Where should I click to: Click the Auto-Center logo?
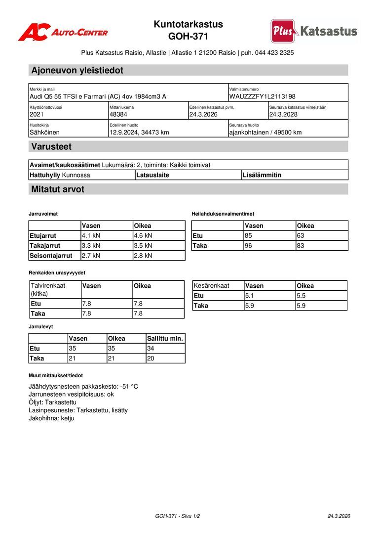tap(63, 32)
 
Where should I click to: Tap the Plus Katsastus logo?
tap(314, 31)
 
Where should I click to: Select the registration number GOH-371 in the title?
tap(188, 36)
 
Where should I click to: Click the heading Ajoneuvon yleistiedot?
tap(77, 70)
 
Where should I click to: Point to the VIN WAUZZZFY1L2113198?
tap(262, 96)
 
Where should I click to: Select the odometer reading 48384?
tap(118, 114)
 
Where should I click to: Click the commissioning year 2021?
tap(37, 114)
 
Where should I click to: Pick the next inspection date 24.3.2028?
tap(283, 114)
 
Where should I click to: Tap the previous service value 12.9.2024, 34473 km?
tap(139, 132)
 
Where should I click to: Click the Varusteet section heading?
tap(51, 146)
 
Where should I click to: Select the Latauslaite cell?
tap(152, 175)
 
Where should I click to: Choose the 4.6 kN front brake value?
tap(143, 236)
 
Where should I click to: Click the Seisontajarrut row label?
tap(51, 256)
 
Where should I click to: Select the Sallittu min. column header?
tap(165, 339)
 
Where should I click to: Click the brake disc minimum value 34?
tap(151, 349)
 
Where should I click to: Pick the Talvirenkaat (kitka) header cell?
tap(48, 289)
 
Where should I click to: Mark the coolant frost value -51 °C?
tap(129, 386)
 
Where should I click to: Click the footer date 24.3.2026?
tap(339, 516)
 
